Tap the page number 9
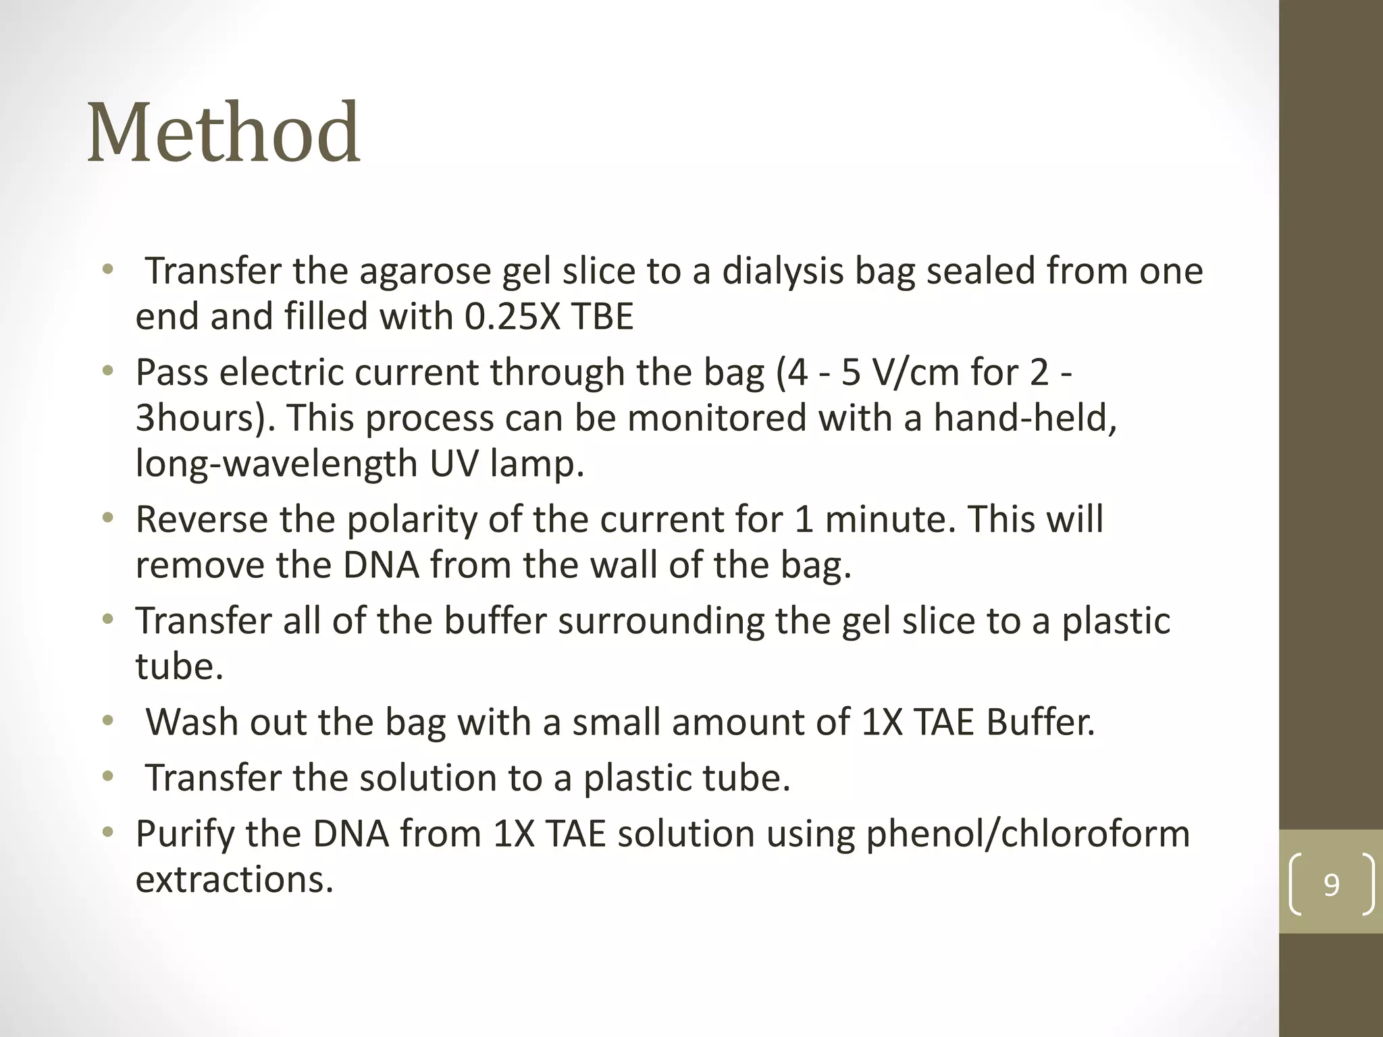(1331, 884)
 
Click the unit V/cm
(914, 372)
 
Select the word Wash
(192, 722)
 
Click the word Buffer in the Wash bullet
(1040, 722)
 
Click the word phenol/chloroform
(1028, 834)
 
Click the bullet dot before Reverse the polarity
(107, 519)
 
